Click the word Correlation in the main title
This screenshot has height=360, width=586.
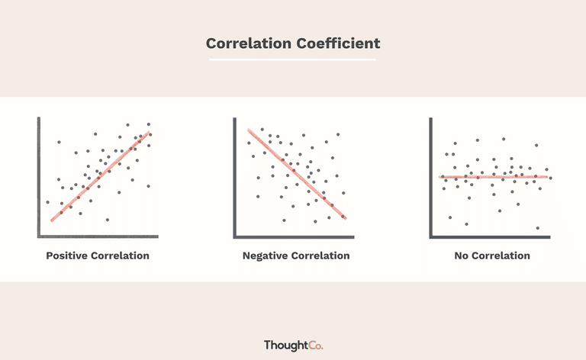pos(249,43)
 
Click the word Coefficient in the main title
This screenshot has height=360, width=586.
pos(338,43)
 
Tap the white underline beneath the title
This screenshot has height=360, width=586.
pos(292,59)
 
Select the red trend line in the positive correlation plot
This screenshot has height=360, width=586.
pos(100,176)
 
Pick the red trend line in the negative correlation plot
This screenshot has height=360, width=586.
pos(297,174)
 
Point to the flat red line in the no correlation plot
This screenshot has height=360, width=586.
pos(494,177)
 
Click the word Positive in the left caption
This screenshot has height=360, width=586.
pos(67,256)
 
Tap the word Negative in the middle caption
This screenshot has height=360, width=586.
pos(265,256)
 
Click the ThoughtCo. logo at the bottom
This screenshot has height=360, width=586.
pos(293,345)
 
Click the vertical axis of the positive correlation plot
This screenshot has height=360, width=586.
pos(38,177)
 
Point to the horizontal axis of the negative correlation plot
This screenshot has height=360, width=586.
pos(294,236)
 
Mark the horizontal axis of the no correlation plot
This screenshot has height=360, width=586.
pos(490,236)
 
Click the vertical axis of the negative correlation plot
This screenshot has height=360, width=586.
pos(235,178)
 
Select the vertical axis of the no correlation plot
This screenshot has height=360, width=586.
pos(431,178)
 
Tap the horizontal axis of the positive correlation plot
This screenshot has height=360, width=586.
pos(98,236)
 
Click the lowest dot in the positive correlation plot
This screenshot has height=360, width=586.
pos(108,220)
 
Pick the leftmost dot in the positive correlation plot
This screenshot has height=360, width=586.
pos(48,202)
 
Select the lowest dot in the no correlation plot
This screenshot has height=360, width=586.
pos(538,228)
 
